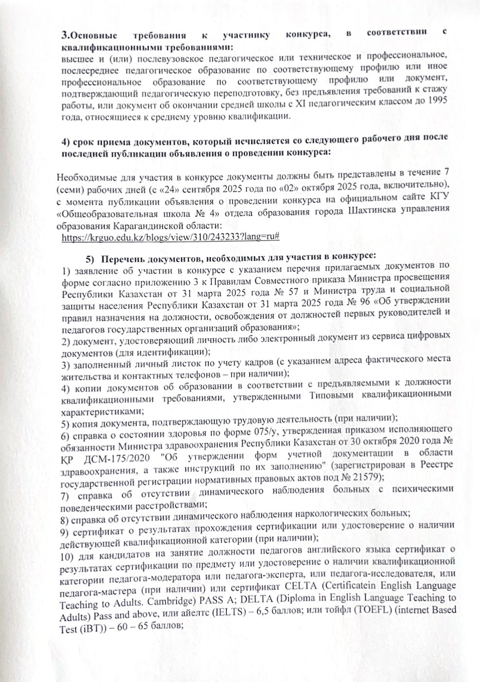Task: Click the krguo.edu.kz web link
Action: coord(170,237)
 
